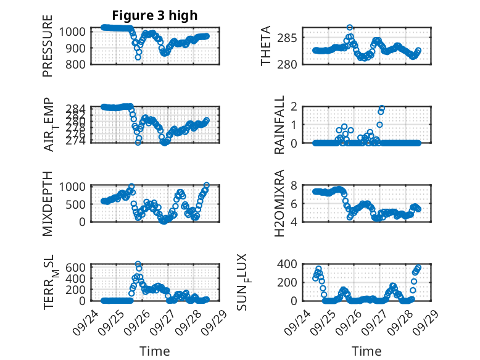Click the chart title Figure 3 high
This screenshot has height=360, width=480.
click(x=155, y=15)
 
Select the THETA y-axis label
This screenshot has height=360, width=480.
click(x=267, y=46)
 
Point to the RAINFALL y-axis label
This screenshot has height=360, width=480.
click(x=279, y=125)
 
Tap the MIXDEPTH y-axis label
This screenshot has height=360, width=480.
click(x=48, y=203)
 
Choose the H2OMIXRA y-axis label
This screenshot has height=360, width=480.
click(x=279, y=203)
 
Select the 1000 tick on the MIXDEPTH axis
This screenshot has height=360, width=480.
click(x=77, y=185)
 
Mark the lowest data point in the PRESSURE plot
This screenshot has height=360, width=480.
click(x=138, y=57)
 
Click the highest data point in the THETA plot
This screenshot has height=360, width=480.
click(x=350, y=27)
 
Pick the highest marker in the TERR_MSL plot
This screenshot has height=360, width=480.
click(x=138, y=264)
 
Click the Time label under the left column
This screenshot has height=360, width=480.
click(x=154, y=351)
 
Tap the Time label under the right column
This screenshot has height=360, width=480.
click(x=366, y=351)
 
